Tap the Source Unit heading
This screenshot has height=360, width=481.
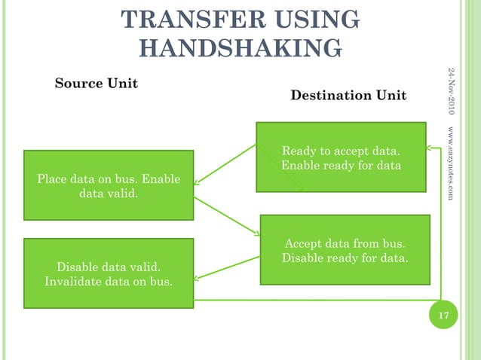tap(97, 83)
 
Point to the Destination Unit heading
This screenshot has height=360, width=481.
tap(348, 96)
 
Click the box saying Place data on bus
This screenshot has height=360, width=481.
tap(109, 185)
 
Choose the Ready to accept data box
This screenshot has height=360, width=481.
tap(341, 157)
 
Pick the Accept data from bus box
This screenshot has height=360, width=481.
tap(345, 249)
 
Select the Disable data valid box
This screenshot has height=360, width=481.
tap(109, 273)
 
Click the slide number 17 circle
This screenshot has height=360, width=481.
tap(443, 314)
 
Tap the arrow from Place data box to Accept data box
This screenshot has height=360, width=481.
tap(226, 215)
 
